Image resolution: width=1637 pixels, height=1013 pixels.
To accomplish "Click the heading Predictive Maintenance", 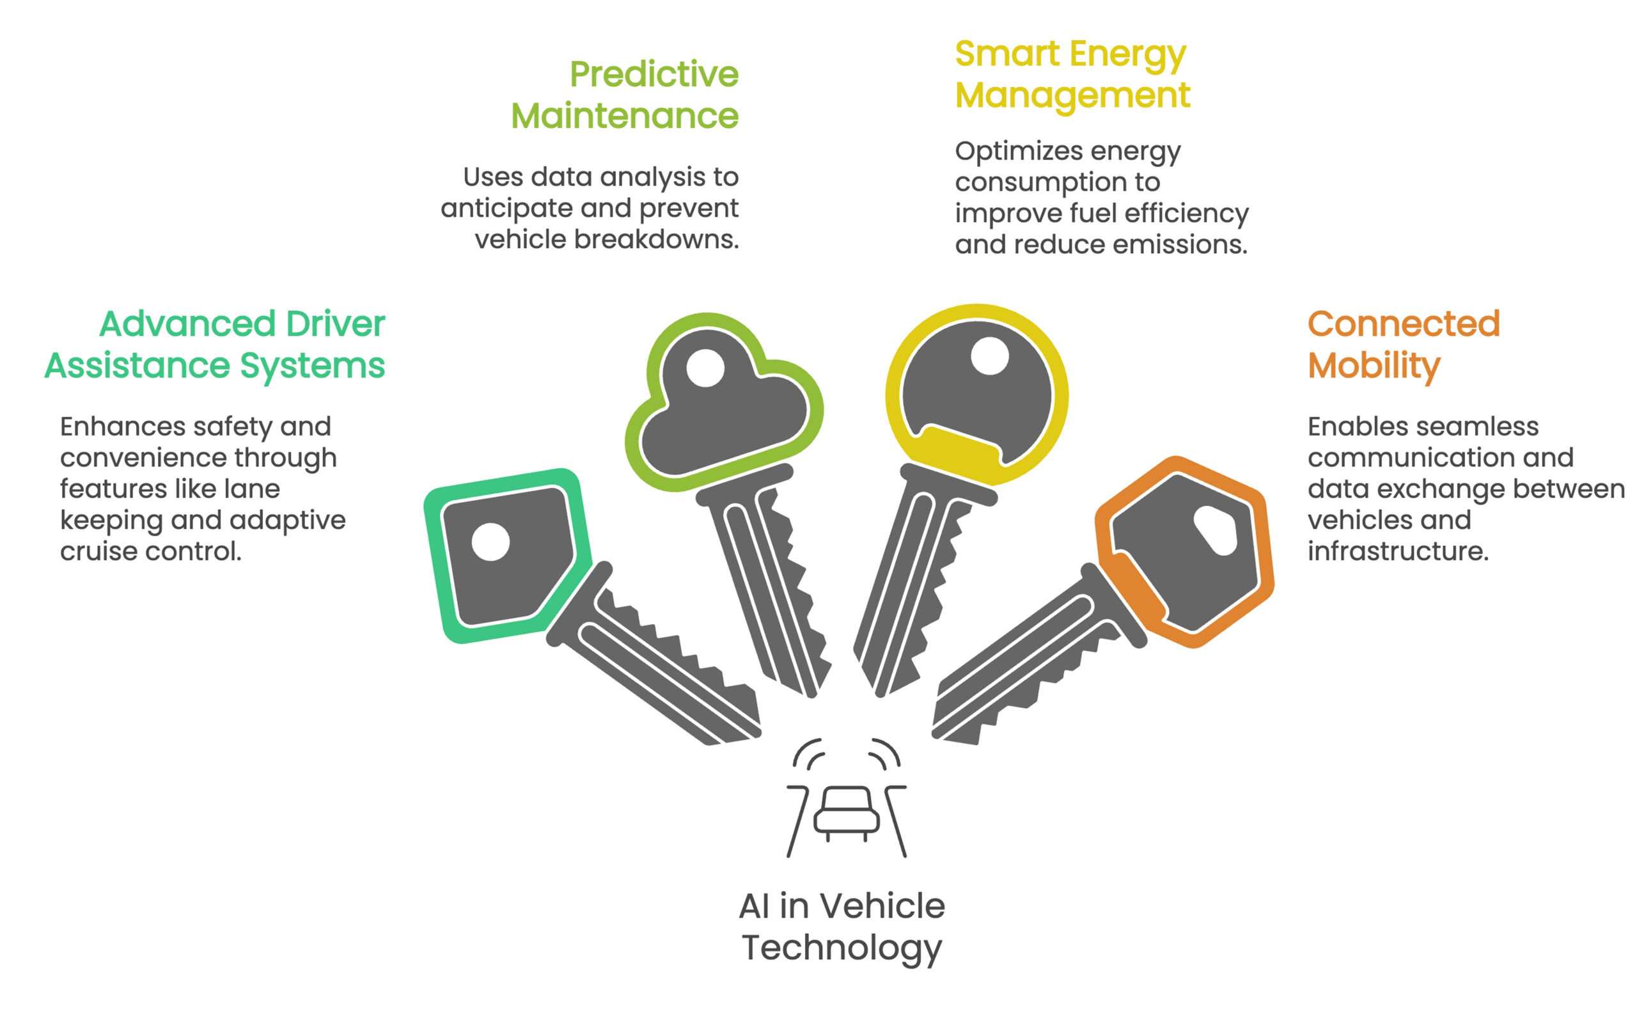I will click(x=624, y=95).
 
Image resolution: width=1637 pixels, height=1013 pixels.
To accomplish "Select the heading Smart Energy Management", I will click(x=1072, y=74).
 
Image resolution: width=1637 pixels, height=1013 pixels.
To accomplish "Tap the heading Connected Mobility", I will click(x=1402, y=344).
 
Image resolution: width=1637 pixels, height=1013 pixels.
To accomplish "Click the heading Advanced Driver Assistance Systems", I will click(x=215, y=344).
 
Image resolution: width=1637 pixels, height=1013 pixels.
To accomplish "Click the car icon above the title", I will click(x=846, y=813).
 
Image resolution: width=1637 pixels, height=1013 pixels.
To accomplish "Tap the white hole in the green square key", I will click(x=490, y=541).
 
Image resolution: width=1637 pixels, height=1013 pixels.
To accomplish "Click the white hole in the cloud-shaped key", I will click(x=705, y=368).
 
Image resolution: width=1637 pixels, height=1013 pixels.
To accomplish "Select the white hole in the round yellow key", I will click(x=989, y=356).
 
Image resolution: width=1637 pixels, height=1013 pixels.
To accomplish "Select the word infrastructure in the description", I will click(x=1397, y=551).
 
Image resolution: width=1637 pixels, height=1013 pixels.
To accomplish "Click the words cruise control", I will click(x=151, y=551).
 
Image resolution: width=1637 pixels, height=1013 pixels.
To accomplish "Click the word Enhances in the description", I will click(x=123, y=427).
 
